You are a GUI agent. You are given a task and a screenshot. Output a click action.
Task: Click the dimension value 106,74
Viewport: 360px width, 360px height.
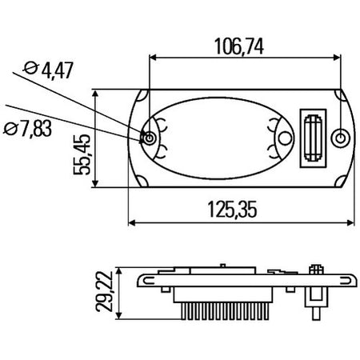pyautogui.click(x=239, y=46)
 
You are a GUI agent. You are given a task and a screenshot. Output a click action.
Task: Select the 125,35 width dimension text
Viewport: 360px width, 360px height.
pyautogui.click(x=232, y=210)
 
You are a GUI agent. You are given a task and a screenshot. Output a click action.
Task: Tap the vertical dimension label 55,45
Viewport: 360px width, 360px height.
pyautogui.click(x=82, y=154)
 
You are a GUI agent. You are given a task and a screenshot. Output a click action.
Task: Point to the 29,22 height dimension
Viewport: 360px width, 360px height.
pyautogui.click(x=105, y=292)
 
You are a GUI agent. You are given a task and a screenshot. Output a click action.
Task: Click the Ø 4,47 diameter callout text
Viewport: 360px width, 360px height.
pyautogui.click(x=48, y=70)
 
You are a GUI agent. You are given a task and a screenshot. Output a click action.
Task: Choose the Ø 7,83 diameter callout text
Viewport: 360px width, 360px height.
pyautogui.click(x=27, y=128)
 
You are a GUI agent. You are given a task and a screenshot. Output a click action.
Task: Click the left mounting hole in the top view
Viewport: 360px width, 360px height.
pyautogui.click(x=150, y=138)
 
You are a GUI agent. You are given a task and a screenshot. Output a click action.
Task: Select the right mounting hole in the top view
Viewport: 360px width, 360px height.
pyautogui.click(x=341, y=138)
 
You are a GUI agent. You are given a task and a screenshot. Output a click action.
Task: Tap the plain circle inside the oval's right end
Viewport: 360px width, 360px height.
pyautogui.click(x=285, y=138)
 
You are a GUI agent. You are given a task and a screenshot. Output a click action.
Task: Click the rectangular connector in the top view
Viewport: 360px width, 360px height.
pyautogui.click(x=313, y=138)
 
